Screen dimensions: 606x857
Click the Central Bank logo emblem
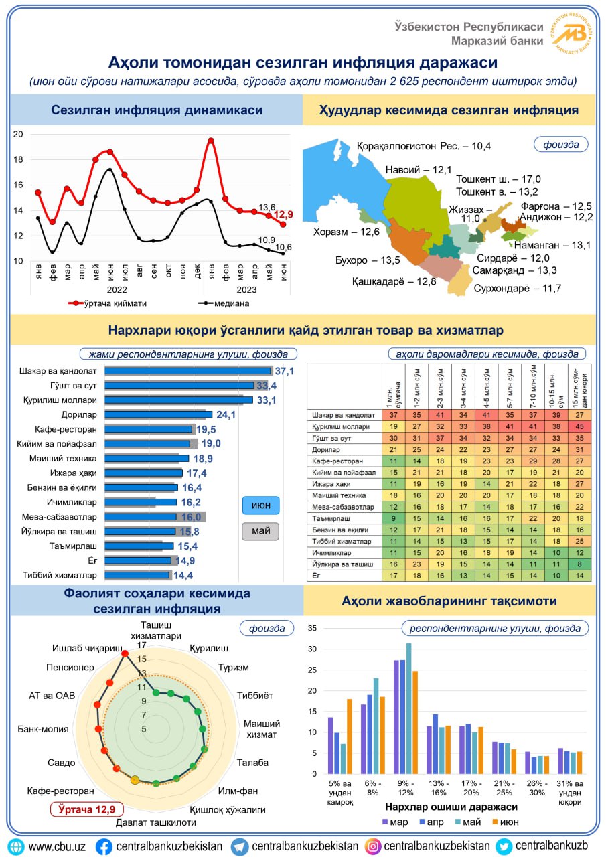571,33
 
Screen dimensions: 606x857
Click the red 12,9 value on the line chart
283,214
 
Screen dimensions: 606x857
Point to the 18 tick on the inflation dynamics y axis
18,159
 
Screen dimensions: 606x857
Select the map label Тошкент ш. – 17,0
498,179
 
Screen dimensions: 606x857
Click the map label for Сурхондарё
517,288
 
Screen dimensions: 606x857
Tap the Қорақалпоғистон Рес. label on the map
423,146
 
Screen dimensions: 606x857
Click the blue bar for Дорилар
159,414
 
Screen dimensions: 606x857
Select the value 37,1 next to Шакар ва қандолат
285,371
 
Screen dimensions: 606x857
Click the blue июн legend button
261,505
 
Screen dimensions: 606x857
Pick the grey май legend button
260,531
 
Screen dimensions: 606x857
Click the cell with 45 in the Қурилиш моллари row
580,426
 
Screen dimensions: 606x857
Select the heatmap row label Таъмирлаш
331,518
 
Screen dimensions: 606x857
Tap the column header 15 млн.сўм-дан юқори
580,387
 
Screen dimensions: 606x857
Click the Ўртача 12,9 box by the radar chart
87,809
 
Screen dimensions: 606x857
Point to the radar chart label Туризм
234,668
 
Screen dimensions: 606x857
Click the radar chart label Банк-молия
44,729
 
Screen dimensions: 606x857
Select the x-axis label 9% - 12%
406,788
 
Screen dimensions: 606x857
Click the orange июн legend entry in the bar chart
506,822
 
